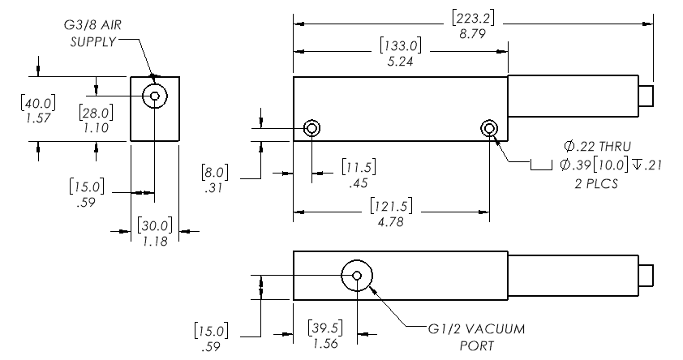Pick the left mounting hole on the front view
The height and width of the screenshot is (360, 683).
coord(312,128)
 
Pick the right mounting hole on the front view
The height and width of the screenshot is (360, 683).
coord(489,128)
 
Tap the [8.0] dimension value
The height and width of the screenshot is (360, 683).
coord(215,172)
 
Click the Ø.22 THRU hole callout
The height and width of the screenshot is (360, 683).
coord(592,146)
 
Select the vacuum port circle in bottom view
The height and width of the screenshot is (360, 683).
coord(357,276)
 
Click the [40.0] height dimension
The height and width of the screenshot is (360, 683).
coord(38,103)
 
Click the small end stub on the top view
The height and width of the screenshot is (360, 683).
coord(646,96)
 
